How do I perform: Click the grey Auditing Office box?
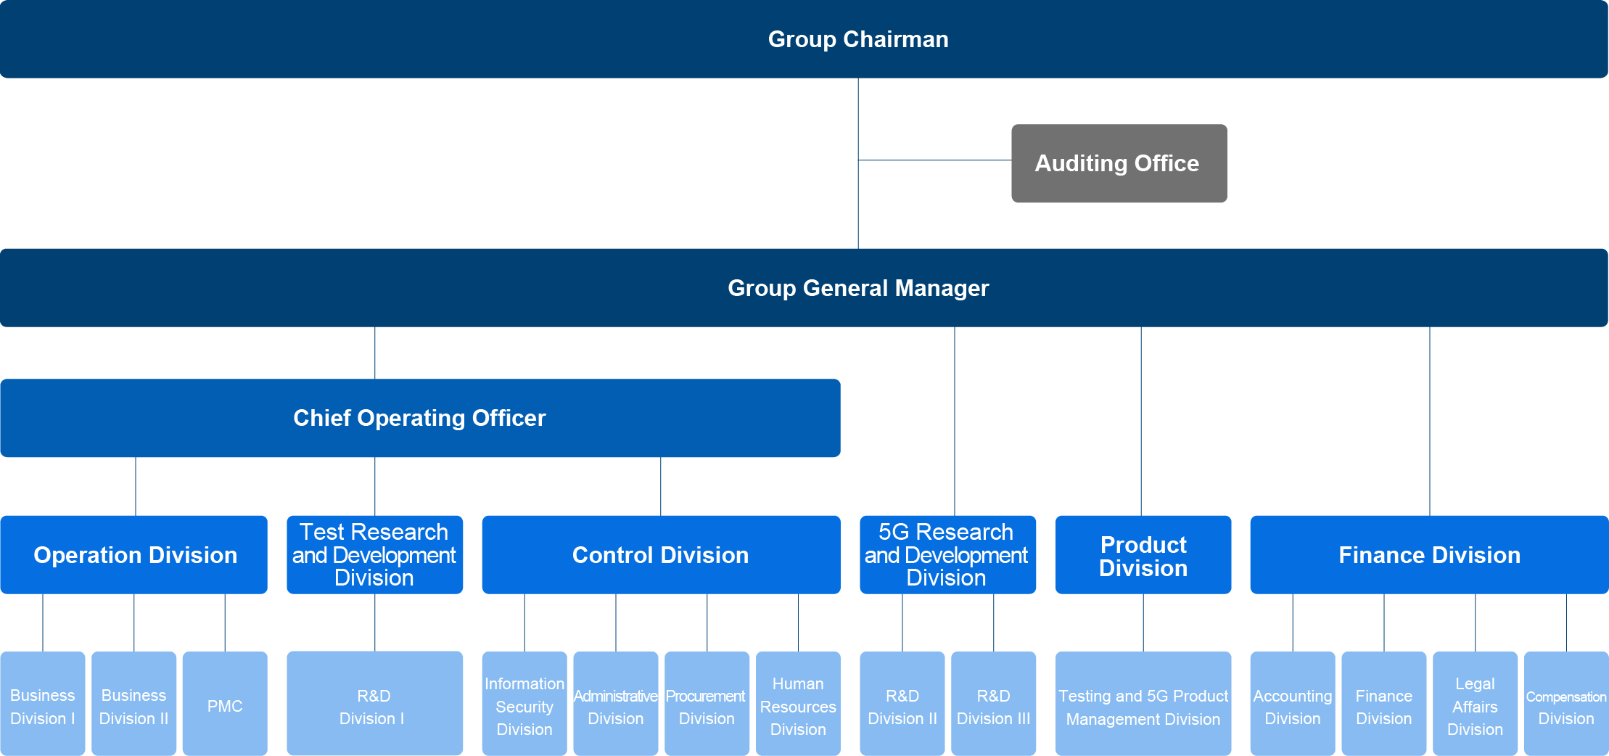coord(1119,163)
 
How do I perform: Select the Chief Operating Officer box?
coord(419,418)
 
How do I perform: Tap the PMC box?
coord(225,704)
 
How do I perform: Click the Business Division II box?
coord(134,704)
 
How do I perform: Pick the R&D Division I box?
coord(374,704)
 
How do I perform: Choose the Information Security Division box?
coord(524,704)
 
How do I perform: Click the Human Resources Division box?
coord(798,704)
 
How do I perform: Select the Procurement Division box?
coord(707,704)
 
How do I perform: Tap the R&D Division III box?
coord(993,704)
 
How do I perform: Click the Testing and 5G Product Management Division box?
coord(1143,704)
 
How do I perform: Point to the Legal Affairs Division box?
coord(1475,704)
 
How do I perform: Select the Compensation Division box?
coord(1566,704)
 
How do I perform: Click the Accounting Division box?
coord(1293,704)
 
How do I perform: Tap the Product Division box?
coord(1143,555)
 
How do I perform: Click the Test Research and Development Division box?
coord(374,555)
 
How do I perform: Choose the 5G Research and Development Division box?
coord(947,555)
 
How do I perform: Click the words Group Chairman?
coord(858,39)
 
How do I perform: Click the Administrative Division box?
coord(616,704)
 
